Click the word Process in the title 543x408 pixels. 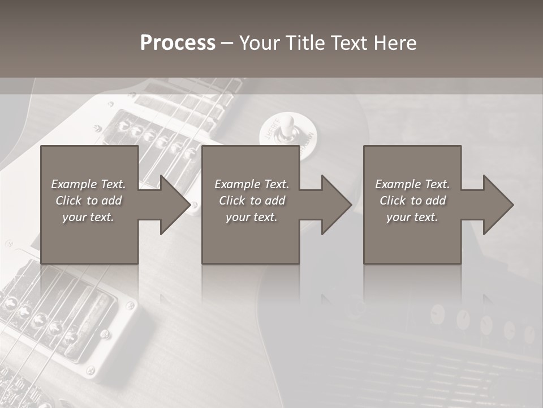(178, 43)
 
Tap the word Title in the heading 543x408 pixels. (305, 43)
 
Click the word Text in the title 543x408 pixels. (350, 43)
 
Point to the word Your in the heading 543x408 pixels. (260, 43)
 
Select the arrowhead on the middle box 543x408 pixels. (335, 205)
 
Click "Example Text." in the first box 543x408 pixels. (88, 184)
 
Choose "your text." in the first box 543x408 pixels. (88, 217)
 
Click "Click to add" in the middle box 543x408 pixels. (252, 201)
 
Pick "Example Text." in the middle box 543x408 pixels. (252, 184)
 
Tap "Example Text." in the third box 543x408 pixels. (412, 184)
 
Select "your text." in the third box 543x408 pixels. (412, 217)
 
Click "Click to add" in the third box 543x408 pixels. (412, 201)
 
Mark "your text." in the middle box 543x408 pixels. (252, 217)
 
